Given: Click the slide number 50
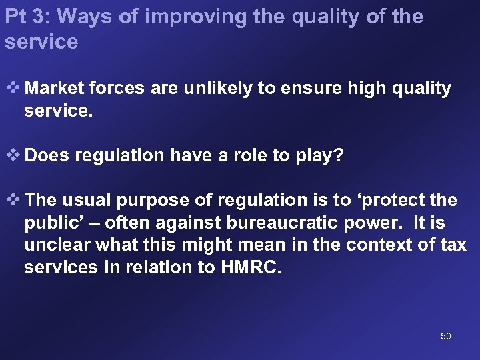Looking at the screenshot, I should (x=446, y=336).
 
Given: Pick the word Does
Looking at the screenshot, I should (x=49, y=156).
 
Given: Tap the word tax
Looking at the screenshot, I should (x=453, y=245).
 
